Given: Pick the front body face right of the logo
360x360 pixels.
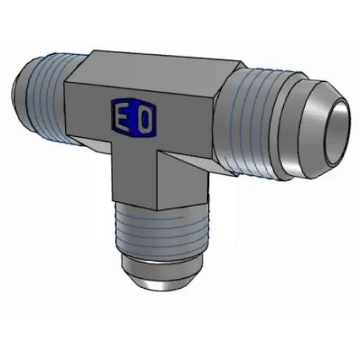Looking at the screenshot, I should (x=187, y=124).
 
